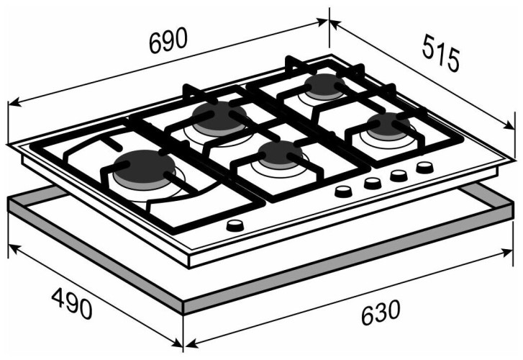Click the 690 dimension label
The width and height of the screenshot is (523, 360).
[x=168, y=40]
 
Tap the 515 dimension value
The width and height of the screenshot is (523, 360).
[x=440, y=53]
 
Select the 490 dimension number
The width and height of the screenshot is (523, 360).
[x=72, y=304]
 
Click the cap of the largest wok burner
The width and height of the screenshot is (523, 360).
[x=144, y=166]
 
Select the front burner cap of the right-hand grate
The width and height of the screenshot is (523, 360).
[x=388, y=125]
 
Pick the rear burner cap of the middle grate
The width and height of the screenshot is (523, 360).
[x=219, y=115]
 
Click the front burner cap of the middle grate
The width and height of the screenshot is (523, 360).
[x=280, y=153]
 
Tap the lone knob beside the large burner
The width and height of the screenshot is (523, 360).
[x=235, y=225]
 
